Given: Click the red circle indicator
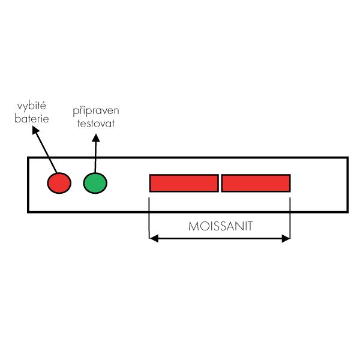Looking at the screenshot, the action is coord(59,183).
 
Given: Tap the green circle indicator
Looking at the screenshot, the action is coord(95,183).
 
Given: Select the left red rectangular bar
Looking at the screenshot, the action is coord(184,183).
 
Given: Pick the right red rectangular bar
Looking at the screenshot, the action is coord(256,183).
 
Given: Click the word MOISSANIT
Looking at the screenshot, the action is coord(221,226).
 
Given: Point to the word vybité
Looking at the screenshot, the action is coord(32,106).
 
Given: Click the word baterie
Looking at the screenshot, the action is coord(32,118).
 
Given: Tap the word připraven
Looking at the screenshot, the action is coord(96,111).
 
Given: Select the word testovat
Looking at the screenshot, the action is coord(96,124).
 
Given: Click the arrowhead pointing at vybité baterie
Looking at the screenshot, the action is coord(35,130).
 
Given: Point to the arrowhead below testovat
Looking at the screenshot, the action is coord(96,138).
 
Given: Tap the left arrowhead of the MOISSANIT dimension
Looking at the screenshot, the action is coord(154,239).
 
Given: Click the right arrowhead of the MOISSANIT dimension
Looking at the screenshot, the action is coord(286,239).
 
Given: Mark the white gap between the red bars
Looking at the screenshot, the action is coord(220,183).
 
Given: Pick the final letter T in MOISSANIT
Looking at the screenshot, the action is coord(250,226).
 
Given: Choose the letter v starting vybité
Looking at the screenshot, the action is coord(20,107).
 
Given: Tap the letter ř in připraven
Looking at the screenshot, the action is coord(82,110).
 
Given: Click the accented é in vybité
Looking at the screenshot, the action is coord(43,106).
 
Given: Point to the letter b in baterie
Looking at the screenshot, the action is coord(17,118).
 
